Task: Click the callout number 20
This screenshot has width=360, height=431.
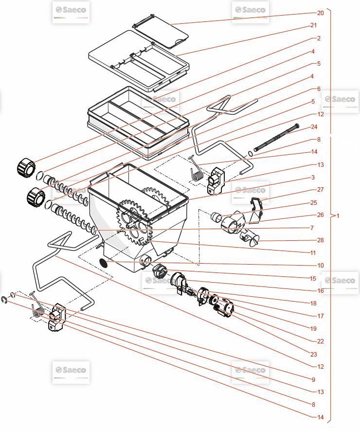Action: tap(320, 13)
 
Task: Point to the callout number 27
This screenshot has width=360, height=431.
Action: tap(320, 190)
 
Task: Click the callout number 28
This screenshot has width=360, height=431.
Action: tap(320, 240)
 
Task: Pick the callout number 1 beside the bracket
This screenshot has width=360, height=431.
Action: tap(338, 215)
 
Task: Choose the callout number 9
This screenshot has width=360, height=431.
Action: tap(314, 379)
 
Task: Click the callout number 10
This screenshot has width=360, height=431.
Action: tap(320, 266)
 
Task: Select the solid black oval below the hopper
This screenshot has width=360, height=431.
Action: tap(103, 263)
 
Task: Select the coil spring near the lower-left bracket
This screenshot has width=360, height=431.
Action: tap(37, 310)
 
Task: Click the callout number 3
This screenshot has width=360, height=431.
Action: tap(313, 178)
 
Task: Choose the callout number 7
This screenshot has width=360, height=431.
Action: tap(312, 228)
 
